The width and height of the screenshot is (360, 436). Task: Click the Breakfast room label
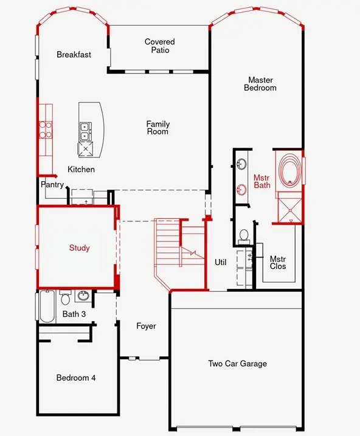click(x=74, y=55)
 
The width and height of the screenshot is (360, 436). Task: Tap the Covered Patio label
click(x=160, y=46)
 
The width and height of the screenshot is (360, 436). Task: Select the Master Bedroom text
click(x=260, y=84)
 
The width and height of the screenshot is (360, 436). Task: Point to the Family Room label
click(x=157, y=128)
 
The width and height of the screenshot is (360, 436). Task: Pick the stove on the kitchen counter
click(x=46, y=128)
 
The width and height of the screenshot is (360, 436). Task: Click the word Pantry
click(x=52, y=184)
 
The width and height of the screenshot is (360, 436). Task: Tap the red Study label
click(x=79, y=247)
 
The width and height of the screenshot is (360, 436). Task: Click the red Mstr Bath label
click(x=261, y=181)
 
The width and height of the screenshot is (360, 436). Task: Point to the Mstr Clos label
click(x=277, y=263)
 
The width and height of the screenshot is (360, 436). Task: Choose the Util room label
click(x=220, y=263)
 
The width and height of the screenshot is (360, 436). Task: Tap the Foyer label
click(x=146, y=327)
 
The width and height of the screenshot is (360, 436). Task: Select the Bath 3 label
click(x=74, y=314)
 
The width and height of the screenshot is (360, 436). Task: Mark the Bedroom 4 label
click(x=76, y=378)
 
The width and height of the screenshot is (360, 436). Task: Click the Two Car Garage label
click(x=237, y=364)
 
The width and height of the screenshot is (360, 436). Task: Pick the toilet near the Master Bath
click(x=244, y=235)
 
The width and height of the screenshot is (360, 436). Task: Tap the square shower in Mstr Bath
click(x=288, y=207)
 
